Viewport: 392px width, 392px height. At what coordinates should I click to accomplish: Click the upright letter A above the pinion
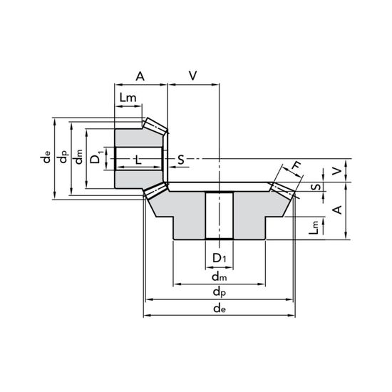pyautogui.click(x=140, y=76)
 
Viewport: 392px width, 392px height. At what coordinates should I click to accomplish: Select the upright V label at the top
pyautogui.click(x=192, y=76)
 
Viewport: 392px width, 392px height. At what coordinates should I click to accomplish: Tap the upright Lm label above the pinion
pyautogui.click(x=128, y=98)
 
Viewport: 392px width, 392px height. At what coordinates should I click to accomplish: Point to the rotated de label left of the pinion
pyautogui.click(x=46, y=158)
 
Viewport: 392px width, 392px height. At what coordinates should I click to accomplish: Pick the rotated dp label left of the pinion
pyautogui.click(x=63, y=157)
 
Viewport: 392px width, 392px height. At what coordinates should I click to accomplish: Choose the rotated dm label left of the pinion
pyautogui.click(x=78, y=157)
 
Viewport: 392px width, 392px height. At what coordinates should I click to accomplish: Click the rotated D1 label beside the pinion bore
pyautogui.click(x=96, y=157)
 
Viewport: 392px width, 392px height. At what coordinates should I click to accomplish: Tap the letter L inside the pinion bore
pyautogui.click(x=138, y=160)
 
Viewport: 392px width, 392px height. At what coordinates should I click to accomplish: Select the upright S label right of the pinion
pyautogui.click(x=181, y=160)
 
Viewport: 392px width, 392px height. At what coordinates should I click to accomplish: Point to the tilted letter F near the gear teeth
pyautogui.click(x=296, y=165)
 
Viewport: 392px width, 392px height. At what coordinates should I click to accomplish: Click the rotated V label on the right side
pyautogui.click(x=337, y=171)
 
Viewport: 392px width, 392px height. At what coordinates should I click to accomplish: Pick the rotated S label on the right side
pyautogui.click(x=316, y=187)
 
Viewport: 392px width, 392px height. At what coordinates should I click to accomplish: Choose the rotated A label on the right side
pyautogui.click(x=338, y=210)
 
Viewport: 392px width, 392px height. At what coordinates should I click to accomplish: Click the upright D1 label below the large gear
pyautogui.click(x=220, y=258)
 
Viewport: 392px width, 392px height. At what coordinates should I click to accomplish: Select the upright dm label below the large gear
pyautogui.click(x=220, y=277)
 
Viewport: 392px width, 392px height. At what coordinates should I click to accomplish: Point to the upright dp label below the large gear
pyautogui.click(x=220, y=292)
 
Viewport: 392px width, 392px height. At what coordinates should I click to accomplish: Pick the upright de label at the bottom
pyautogui.click(x=220, y=309)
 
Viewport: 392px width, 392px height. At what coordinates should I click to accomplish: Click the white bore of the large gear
pyautogui.click(x=220, y=215)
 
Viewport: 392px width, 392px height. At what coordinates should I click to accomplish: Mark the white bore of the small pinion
pyautogui.click(x=139, y=159)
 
